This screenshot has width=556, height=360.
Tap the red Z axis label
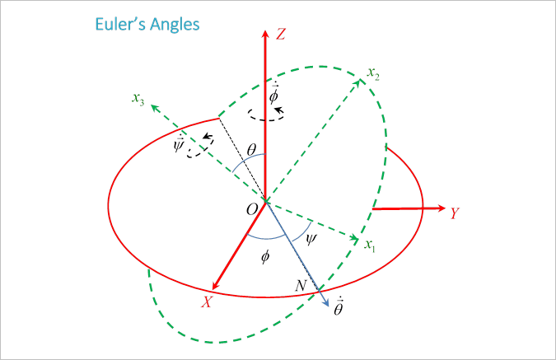coord(281,35)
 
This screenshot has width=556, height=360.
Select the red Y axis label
coord(454,213)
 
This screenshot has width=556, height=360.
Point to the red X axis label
coord(208,302)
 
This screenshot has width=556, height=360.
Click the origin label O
coord(251,210)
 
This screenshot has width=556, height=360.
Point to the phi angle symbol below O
coord(264,256)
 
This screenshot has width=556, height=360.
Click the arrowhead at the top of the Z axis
coord(265,35)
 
